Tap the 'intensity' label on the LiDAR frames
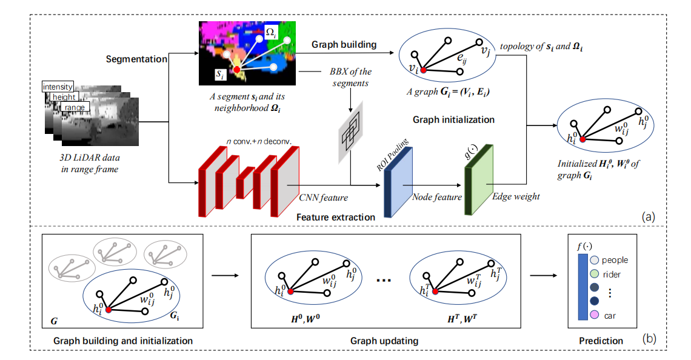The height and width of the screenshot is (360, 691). [58, 87]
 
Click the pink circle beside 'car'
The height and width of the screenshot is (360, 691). [594, 315]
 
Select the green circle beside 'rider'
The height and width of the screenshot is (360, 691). [594, 274]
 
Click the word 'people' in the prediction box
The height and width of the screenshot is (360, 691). [615, 260]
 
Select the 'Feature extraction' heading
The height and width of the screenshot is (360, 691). [336, 216]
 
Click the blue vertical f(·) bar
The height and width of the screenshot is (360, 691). [582, 287]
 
